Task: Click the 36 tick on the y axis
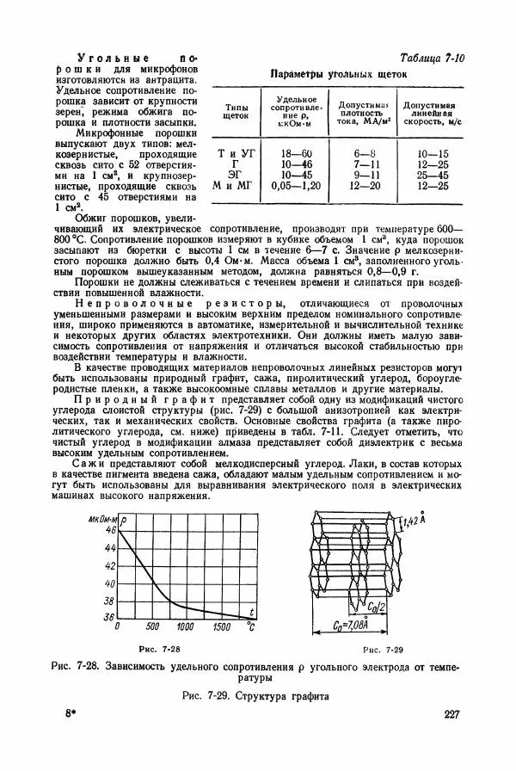[109, 617]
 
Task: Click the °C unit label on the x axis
[251, 626]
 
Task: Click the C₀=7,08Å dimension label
[349, 626]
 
